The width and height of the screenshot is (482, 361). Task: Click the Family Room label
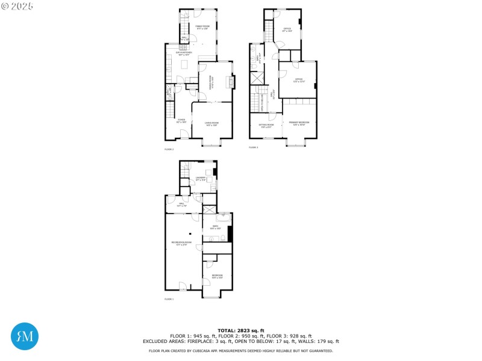[x=202, y=27]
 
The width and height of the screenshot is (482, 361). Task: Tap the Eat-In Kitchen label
[x=184, y=54]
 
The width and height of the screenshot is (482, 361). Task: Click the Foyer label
[x=181, y=120]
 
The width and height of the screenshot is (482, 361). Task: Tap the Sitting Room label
[x=266, y=126]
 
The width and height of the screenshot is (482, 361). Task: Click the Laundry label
[x=201, y=179]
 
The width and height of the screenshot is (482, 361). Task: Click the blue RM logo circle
[x=25, y=337]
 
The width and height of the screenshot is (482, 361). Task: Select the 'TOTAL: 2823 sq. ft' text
[x=241, y=330]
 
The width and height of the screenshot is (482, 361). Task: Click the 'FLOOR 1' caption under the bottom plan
[x=169, y=299]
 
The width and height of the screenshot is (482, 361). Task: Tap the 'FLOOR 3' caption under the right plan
[x=253, y=147]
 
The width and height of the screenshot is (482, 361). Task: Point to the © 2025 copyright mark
[x=17, y=6]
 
